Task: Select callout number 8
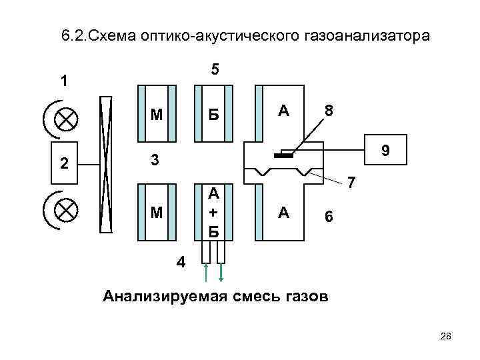(329, 110)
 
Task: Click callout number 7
(353, 182)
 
